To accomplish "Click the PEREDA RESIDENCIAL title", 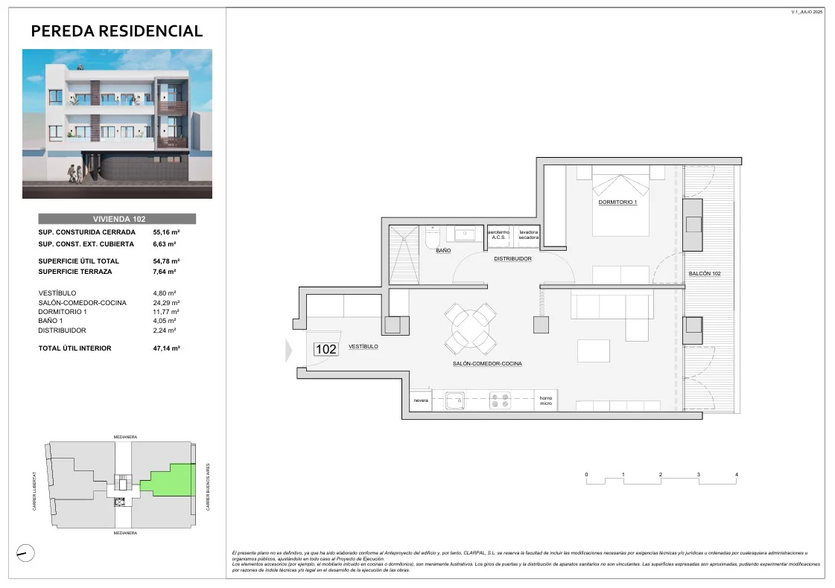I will pyautogui.click(x=117, y=31).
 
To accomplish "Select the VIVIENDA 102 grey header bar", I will pyautogui.click(x=117, y=219).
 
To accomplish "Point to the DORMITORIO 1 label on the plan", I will pyautogui.click(x=617, y=202).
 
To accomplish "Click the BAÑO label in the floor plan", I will pyautogui.click(x=443, y=251).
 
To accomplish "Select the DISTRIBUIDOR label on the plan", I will pyautogui.click(x=512, y=259).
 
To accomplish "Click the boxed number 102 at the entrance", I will pyautogui.click(x=326, y=348).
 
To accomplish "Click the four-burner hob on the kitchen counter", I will pyautogui.click(x=500, y=400).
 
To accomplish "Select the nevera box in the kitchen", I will pyautogui.click(x=421, y=400).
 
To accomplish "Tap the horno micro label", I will pyautogui.click(x=546, y=400).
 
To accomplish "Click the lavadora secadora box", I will pyautogui.click(x=529, y=234).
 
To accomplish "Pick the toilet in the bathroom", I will pyautogui.click(x=432, y=238).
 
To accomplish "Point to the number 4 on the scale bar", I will pyautogui.click(x=736, y=474).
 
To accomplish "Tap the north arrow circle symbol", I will pyautogui.click(x=25, y=552).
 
